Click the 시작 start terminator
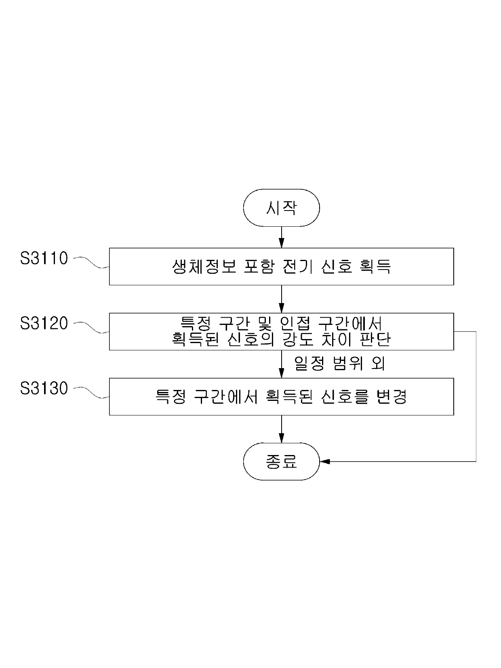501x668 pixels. (x=281, y=208)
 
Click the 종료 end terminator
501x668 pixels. (x=281, y=461)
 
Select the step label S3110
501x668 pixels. (x=44, y=258)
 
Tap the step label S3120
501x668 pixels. (x=44, y=323)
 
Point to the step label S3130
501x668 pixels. (x=44, y=388)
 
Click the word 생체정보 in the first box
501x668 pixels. (x=204, y=267)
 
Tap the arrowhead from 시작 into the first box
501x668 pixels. (x=281, y=244)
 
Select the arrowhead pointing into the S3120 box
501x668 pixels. (x=281, y=309)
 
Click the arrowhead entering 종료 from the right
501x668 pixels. (x=324, y=461)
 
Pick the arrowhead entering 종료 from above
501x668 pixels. (x=281, y=438)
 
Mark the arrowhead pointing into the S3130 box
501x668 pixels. (x=281, y=374)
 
